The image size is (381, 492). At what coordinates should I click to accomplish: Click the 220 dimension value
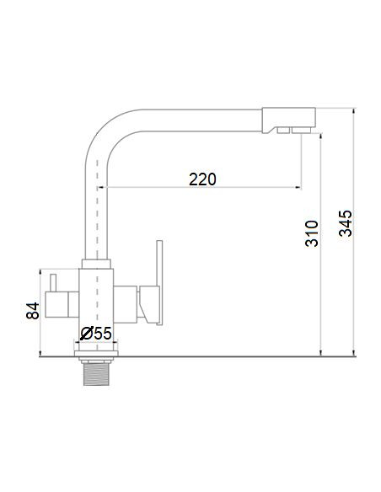tap(202, 179)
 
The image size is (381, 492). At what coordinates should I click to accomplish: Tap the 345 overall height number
tap(346, 223)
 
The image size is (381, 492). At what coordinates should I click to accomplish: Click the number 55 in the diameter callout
tap(102, 334)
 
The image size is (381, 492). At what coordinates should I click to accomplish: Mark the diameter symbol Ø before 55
tap(86, 334)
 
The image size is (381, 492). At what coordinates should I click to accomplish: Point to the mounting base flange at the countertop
tap(97, 348)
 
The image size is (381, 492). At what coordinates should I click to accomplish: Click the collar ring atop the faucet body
tap(96, 263)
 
